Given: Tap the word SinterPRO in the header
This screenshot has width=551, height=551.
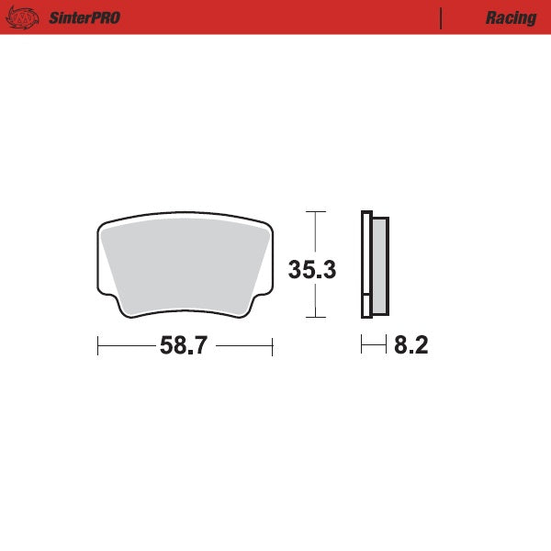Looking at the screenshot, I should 84,17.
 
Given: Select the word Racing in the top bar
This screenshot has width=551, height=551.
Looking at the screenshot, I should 512,17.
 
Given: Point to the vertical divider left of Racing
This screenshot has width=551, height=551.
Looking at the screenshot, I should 442,17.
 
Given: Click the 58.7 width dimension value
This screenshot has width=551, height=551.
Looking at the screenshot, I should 185,346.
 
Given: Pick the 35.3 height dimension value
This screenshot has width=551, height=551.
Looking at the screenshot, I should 313,270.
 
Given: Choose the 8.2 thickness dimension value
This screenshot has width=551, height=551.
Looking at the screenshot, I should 410,346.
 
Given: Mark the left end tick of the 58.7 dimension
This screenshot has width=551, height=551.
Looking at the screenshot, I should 97,346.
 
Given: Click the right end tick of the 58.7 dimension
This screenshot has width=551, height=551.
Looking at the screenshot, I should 273,346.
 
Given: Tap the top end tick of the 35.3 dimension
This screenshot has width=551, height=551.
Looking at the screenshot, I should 315,212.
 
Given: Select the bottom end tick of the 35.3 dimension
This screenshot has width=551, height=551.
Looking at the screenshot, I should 315,317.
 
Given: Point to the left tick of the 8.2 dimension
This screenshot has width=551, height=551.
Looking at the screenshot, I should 361,346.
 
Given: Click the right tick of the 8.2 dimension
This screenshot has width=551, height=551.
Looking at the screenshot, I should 386,346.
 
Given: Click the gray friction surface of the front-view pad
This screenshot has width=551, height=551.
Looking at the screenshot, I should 184,266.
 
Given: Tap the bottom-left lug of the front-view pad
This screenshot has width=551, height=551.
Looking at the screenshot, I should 116,303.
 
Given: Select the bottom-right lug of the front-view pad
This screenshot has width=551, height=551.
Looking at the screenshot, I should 254,303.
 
